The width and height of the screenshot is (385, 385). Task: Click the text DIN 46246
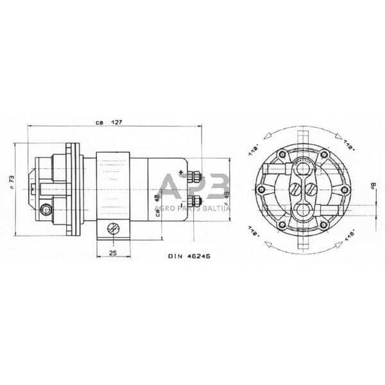tap(189, 255)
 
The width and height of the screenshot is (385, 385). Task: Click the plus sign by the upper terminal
tap(182, 171)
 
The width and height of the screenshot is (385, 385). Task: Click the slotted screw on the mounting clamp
tap(113, 228)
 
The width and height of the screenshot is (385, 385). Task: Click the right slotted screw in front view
tap(309, 190)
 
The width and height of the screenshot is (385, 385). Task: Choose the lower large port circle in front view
tap(302, 210)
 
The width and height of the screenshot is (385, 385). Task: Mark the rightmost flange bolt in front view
tap(345, 191)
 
